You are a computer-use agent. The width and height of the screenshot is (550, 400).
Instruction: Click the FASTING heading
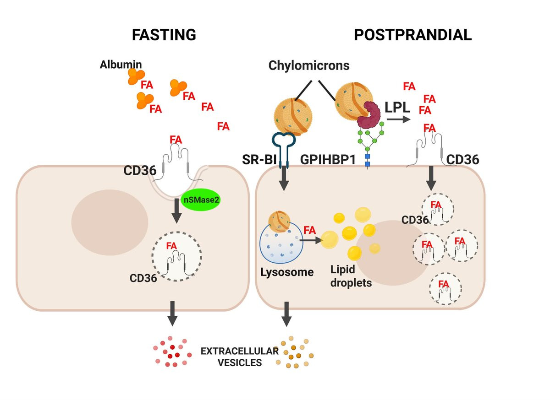coord(164,35)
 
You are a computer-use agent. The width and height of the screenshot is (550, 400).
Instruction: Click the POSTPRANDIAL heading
coord(412,35)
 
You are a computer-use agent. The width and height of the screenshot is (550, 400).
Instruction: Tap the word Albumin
coord(121,64)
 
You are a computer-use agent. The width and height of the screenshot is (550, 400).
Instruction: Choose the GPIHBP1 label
coord(326,159)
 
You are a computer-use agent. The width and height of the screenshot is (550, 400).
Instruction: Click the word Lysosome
coord(287,272)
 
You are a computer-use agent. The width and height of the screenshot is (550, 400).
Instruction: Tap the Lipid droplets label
coord(352,276)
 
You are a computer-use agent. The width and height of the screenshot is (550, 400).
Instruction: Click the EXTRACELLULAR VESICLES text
coord(239,357)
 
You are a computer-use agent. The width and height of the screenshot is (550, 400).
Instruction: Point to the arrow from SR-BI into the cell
coord(284,179)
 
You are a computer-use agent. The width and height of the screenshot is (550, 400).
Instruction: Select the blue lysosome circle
coord(281,243)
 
